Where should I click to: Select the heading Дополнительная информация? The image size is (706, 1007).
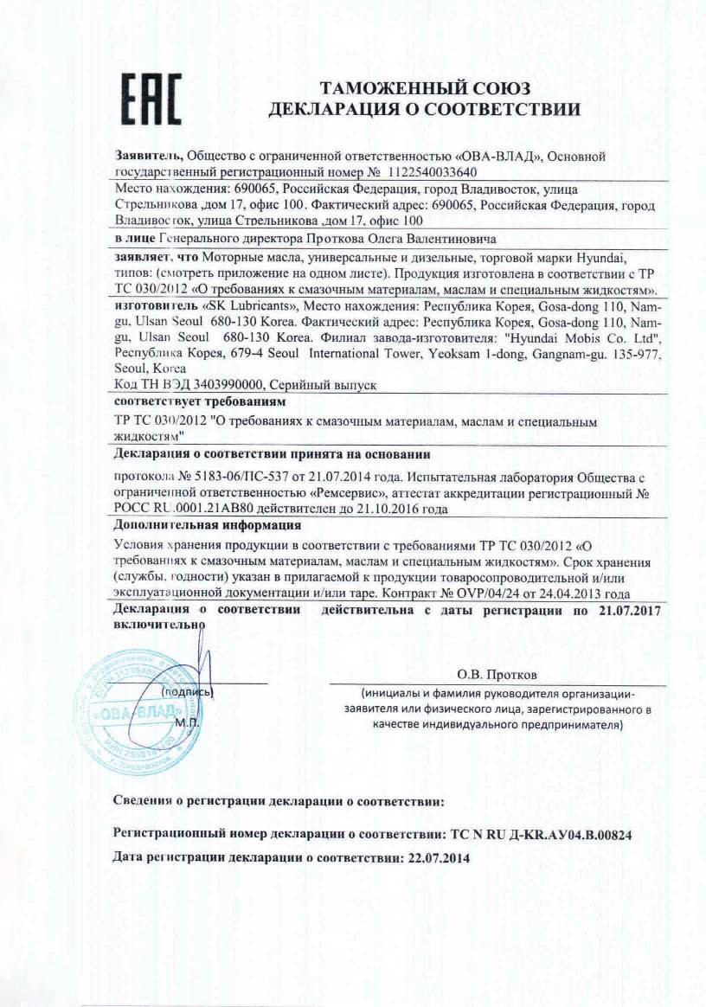click(208, 526)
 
